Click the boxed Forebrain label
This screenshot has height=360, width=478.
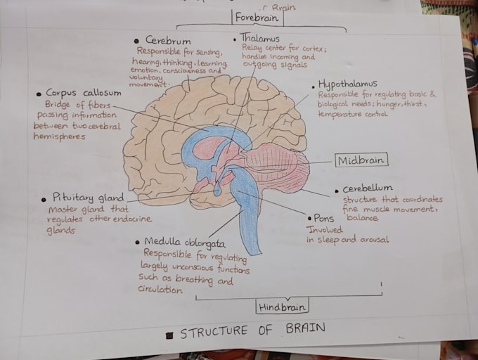(257, 18)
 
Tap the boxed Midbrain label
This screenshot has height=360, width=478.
(361, 160)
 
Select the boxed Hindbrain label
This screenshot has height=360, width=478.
(282, 307)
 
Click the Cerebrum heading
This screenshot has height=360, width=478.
(168, 40)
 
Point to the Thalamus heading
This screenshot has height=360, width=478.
(259, 38)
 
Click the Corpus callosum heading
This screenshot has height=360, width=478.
(83, 93)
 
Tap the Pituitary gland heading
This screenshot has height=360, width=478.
(88, 198)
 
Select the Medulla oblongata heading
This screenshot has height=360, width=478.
(185, 243)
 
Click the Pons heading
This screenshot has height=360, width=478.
(324, 218)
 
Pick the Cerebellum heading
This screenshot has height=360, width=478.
(368, 188)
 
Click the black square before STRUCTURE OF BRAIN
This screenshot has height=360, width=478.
(169, 336)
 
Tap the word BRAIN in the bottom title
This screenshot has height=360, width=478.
(306, 328)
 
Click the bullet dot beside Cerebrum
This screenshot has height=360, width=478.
(136, 41)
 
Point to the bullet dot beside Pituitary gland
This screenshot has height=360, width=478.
(44, 200)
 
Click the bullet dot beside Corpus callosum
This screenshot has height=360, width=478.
(39, 94)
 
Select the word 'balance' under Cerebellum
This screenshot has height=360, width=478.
(362, 217)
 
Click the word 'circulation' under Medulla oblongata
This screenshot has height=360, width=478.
(160, 289)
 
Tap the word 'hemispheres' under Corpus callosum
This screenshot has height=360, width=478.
(59, 136)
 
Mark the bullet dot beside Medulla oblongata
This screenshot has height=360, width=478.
(138, 243)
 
